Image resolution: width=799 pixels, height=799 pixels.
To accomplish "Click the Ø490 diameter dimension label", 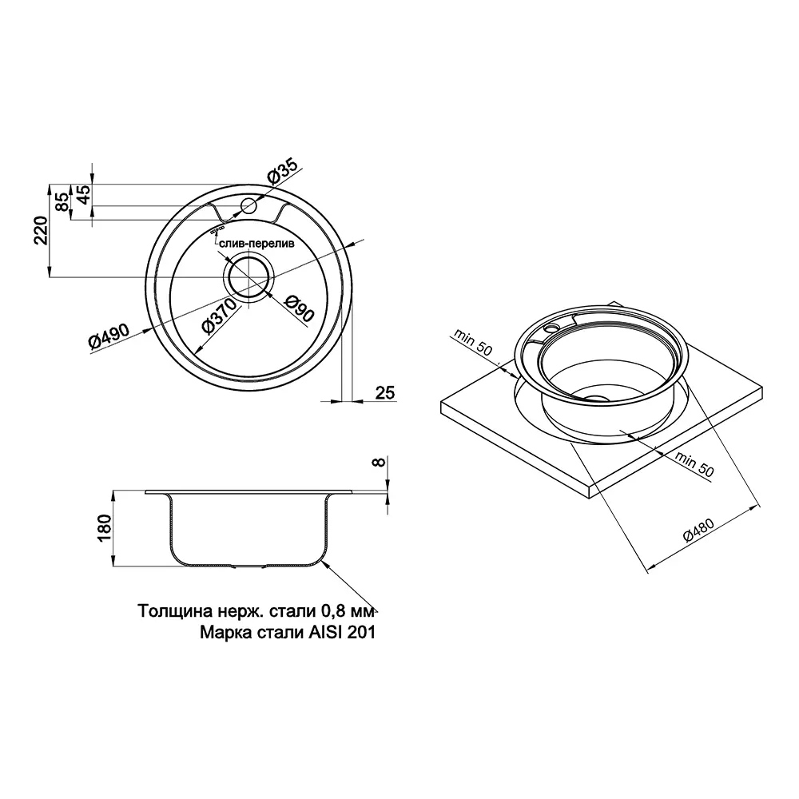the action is tap(109, 336).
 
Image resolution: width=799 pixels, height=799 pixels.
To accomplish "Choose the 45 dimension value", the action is tap(83, 193).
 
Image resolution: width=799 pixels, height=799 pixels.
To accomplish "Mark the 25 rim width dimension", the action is tap(385, 392).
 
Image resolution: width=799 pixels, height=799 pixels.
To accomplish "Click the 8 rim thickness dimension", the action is tap(378, 462).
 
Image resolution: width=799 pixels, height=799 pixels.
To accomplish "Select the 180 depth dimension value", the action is tap(103, 528).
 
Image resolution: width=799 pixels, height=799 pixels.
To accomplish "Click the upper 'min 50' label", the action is tap(473, 342).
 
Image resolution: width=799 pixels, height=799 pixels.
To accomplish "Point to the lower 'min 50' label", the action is tap(694, 463).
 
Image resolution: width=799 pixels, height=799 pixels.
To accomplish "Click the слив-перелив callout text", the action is tap(257, 244).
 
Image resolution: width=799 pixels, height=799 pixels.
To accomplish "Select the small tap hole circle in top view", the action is tap(249, 206).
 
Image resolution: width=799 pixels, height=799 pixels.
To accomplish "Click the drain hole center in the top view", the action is tap(249, 277).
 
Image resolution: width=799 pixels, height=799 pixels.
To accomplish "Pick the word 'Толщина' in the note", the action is tap(169, 610).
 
